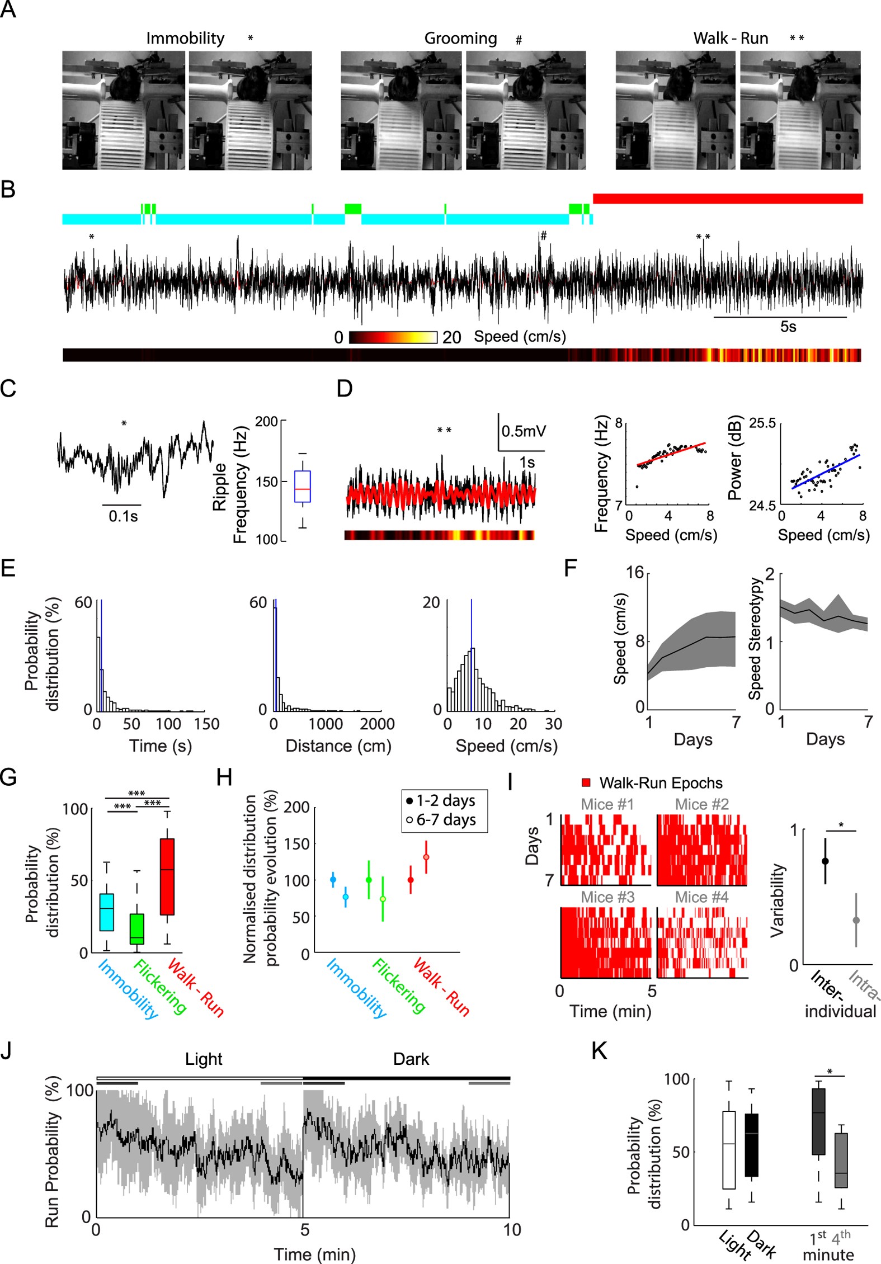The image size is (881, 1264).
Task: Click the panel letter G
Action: (x=8, y=778)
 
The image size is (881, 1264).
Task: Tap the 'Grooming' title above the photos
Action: (x=460, y=38)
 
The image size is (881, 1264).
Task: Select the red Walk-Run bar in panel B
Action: (x=727, y=199)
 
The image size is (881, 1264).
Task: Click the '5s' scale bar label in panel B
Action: (x=788, y=327)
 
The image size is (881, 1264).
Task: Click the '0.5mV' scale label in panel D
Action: (x=523, y=431)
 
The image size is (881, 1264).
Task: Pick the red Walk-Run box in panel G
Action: (x=167, y=876)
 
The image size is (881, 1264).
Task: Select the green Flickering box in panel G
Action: (x=136, y=929)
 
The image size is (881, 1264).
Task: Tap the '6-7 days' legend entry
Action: (x=446, y=820)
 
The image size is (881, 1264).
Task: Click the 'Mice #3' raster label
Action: (x=607, y=897)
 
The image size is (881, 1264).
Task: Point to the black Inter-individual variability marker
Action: (x=825, y=861)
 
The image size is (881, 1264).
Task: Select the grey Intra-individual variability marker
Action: (x=856, y=920)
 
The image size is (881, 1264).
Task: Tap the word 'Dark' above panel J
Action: (x=411, y=1059)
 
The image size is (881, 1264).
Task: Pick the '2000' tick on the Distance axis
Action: (x=377, y=724)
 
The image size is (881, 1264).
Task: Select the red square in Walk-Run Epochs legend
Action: (x=586, y=782)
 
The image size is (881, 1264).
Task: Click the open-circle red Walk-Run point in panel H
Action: (x=426, y=857)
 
